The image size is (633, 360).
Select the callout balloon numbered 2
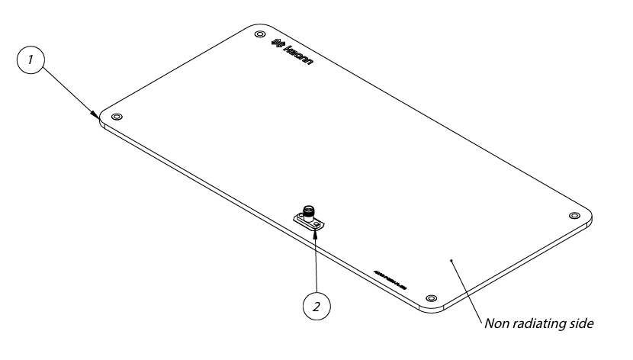316,306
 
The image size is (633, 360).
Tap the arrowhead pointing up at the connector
316,230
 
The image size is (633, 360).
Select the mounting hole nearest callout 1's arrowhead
116,117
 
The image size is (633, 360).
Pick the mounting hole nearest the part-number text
431,297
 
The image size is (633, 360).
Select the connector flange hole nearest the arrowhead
316,225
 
